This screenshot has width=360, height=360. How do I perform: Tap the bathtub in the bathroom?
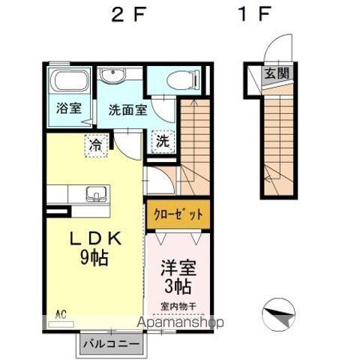(x=70, y=80)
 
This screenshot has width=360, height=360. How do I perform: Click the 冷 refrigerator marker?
(x=95, y=142)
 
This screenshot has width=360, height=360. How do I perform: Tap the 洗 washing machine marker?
(x=163, y=141)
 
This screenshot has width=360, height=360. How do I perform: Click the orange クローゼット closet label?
(x=178, y=214)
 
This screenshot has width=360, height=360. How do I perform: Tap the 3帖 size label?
(x=177, y=286)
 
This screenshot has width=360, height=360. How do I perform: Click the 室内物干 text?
(x=177, y=305)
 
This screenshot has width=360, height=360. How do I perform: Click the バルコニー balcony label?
(x=109, y=344)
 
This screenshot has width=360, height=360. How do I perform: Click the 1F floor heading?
(x=256, y=15)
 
